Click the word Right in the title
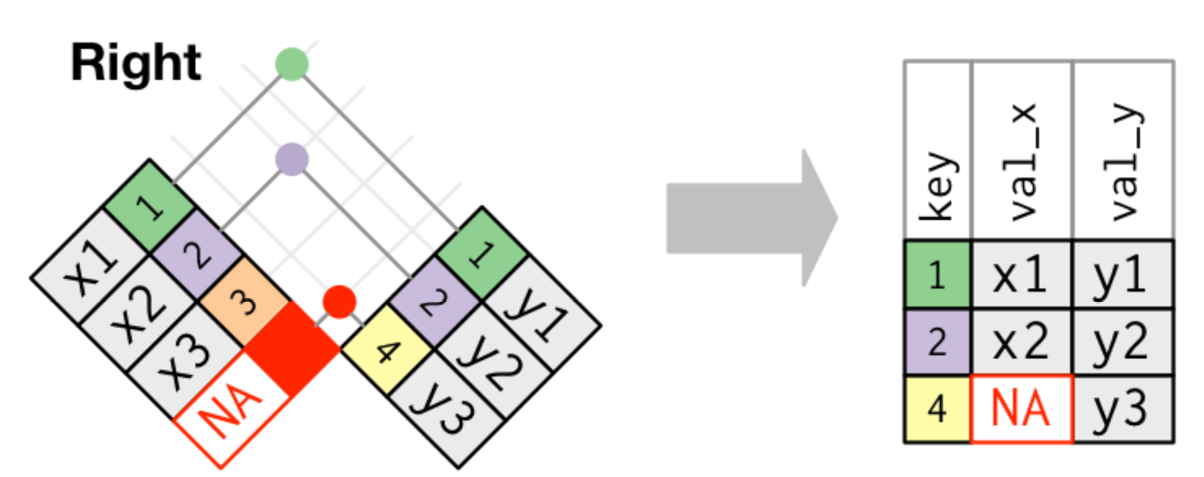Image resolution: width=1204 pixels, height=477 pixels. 136,63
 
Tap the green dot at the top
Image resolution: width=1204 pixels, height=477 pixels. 291,65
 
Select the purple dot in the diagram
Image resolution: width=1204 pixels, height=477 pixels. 291,160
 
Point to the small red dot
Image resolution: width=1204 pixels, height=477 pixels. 339,301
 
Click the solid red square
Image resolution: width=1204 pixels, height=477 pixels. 292,348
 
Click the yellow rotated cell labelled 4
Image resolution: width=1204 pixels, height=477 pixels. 386,350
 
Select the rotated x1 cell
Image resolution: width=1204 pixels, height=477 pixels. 90,265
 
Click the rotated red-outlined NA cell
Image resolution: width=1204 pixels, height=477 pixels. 232,408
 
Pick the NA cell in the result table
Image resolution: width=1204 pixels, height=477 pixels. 1021,409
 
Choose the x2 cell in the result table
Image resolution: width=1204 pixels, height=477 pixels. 1021,342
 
